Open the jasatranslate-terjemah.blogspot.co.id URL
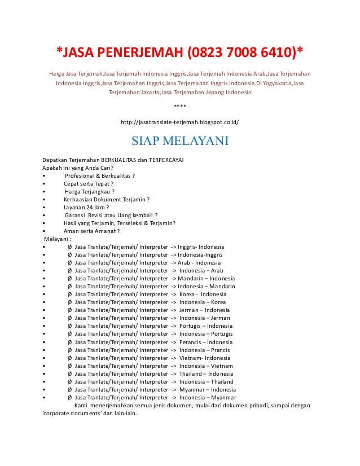180,121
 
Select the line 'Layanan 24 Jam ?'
86,207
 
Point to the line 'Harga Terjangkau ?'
90,191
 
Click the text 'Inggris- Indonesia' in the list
202,247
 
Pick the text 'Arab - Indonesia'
199,262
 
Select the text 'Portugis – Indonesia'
206,326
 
